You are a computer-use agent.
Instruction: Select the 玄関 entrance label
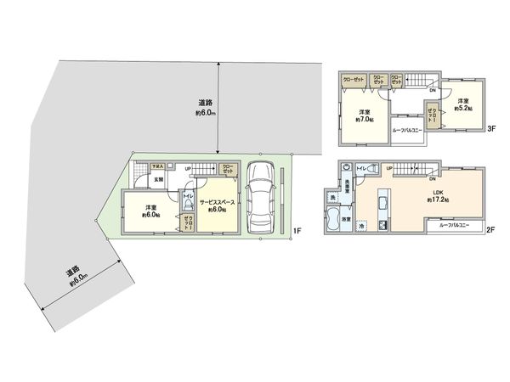[x=159, y=179]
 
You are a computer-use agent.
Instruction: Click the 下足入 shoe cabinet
[x=157, y=167]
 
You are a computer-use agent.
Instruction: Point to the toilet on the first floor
[x=186, y=207]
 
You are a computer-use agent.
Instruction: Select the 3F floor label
[x=491, y=128]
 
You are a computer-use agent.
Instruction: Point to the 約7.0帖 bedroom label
[x=364, y=116]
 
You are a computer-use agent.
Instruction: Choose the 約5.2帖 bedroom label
[x=462, y=105]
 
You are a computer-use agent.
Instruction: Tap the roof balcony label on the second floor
[x=456, y=226]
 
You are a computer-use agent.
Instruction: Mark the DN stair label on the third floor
[x=432, y=91]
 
